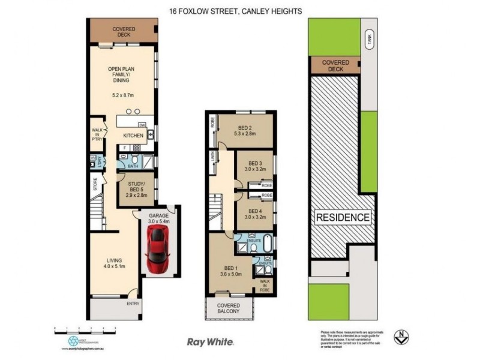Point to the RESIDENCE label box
[343, 217]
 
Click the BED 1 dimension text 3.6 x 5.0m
[230, 277]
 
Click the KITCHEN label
[133, 136]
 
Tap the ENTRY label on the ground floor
[133, 304]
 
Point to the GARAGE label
[159, 215]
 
